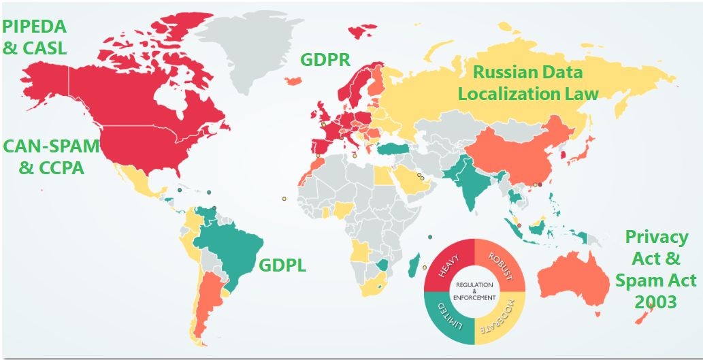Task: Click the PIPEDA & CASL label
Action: coord(35,37)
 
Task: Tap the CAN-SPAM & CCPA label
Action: coord(51,156)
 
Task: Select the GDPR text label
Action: coord(325,60)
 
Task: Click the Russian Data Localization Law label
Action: coord(528,82)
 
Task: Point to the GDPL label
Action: coord(282,265)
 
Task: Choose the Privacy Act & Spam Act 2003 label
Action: coord(656,269)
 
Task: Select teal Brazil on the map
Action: coord(231,252)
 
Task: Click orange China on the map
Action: coord(517,153)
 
